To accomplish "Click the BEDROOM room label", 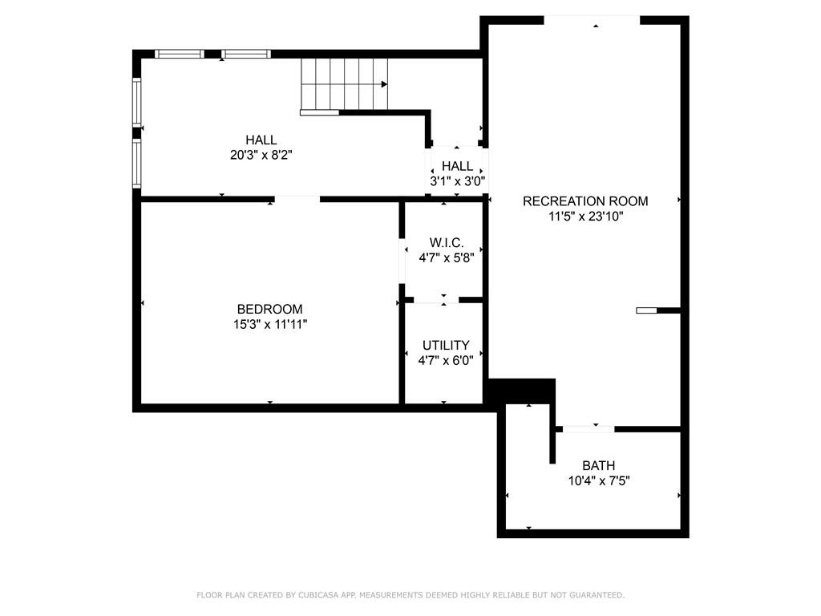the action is click(x=269, y=309).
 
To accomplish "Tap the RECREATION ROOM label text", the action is click(x=585, y=201).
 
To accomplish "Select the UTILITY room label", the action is click(x=446, y=345).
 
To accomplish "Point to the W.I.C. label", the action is click(x=446, y=242).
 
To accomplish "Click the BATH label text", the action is click(x=598, y=465).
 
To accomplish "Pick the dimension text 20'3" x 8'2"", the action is click(x=261, y=155).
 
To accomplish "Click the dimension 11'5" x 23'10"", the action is click(x=585, y=217).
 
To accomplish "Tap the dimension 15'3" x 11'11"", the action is click(x=269, y=324).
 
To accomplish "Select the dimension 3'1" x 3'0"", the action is click(x=457, y=181).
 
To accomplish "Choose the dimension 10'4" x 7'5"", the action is click(x=598, y=480).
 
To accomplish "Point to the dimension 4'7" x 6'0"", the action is click(x=446, y=360).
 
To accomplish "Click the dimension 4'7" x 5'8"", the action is click(x=446, y=257).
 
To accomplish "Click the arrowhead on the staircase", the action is click(x=384, y=84).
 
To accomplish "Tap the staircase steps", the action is click(x=344, y=83).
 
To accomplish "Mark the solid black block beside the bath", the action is click(x=521, y=391).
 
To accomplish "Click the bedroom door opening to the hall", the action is click(x=297, y=199).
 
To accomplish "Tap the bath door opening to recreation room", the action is click(x=588, y=429).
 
